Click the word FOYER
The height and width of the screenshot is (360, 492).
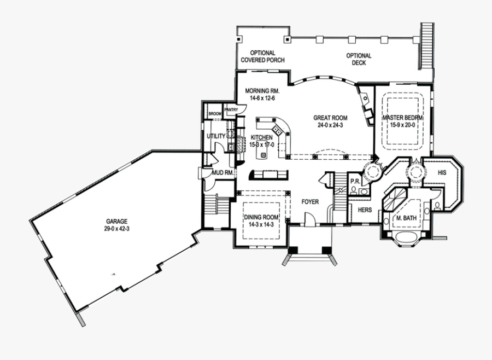click(310, 202)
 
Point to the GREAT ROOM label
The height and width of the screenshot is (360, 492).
click(330, 117)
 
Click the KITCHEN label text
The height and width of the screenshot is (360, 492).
click(262, 137)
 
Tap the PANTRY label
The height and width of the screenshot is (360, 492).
click(231, 109)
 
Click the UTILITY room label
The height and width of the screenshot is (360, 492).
click(216, 136)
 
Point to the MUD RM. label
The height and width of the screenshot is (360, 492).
click(223, 173)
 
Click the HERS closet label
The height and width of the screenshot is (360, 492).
click(365, 210)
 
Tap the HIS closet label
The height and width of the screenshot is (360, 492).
click(442, 172)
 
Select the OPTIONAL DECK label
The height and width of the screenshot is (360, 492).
click(359, 59)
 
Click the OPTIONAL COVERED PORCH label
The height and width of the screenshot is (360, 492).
click(263, 57)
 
